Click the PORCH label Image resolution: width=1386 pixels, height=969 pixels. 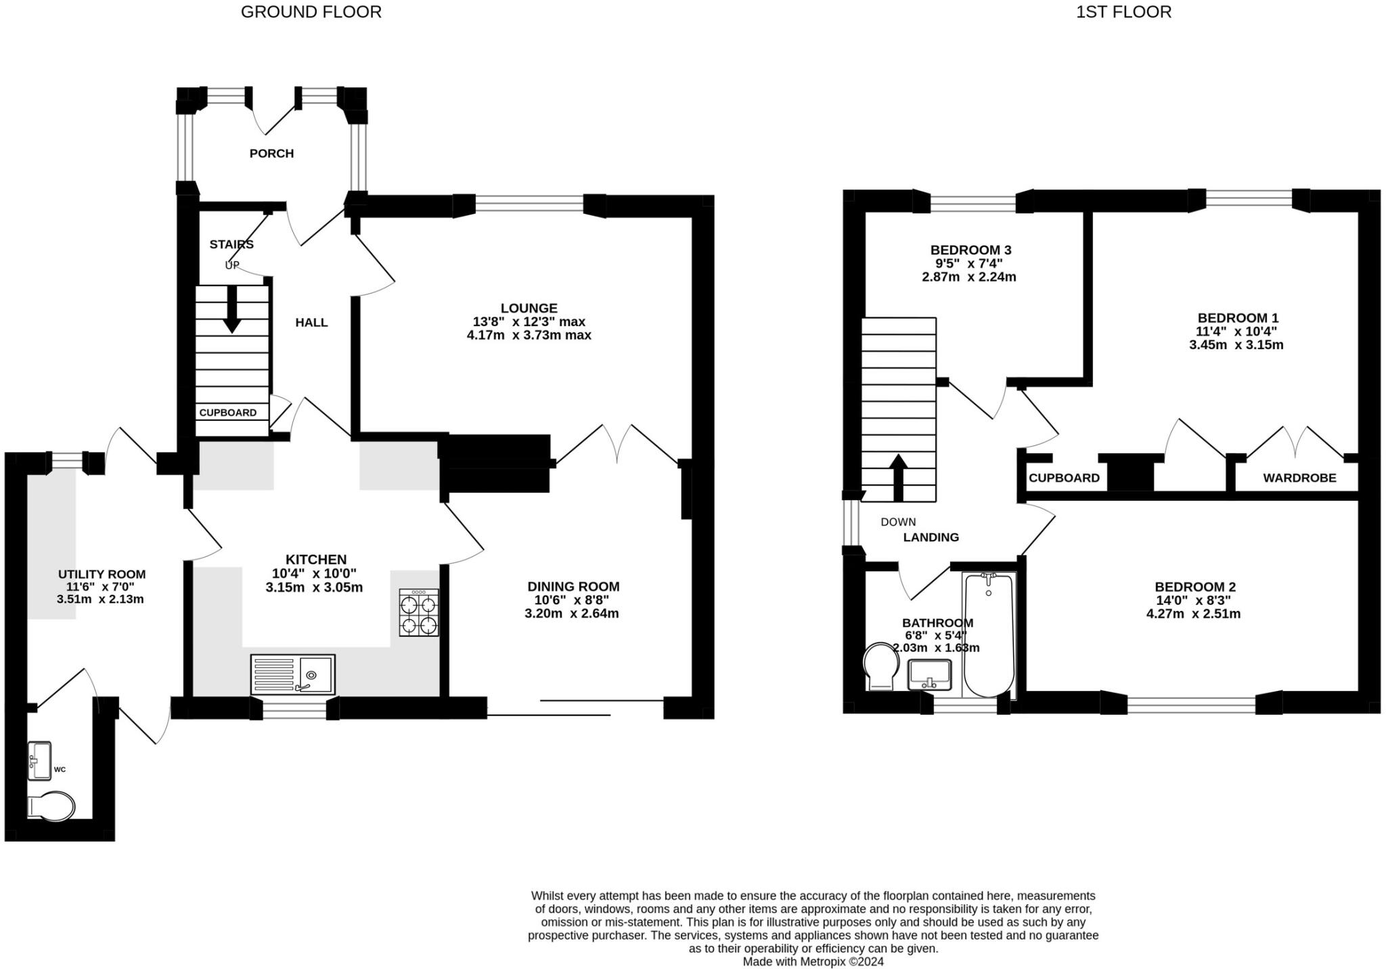[x=271, y=154]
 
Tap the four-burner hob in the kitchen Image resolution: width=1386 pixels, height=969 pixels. [x=419, y=613]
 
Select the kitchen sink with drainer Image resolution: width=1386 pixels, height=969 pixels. [x=293, y=674]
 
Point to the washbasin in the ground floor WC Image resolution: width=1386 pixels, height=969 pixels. [x=40, y=761]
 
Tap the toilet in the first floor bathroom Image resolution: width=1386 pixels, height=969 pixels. [x=880, y=667]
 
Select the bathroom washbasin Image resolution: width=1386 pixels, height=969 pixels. [x=930, y=675]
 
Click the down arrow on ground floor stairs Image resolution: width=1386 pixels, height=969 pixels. [x=232, y=309]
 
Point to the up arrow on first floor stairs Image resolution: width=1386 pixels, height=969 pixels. [x=898, y=477]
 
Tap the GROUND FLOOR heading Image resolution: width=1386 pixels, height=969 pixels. [x=311, y=12]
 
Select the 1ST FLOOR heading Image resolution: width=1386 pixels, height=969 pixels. [x=1123, y=12]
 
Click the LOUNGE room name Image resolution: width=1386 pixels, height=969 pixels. [x=529, y=309]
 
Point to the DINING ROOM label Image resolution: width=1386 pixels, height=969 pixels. [x=573, y=587]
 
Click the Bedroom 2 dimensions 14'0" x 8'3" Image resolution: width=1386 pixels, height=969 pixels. [x=1192, y=600]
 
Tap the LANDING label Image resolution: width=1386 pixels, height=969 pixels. [x=931, y=537]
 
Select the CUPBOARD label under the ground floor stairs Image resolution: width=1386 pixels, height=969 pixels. [x=228, y=413]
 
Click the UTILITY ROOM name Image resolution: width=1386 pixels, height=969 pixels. [x=102, y=574]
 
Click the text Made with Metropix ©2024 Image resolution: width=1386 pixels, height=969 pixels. [x=813, y=962]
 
